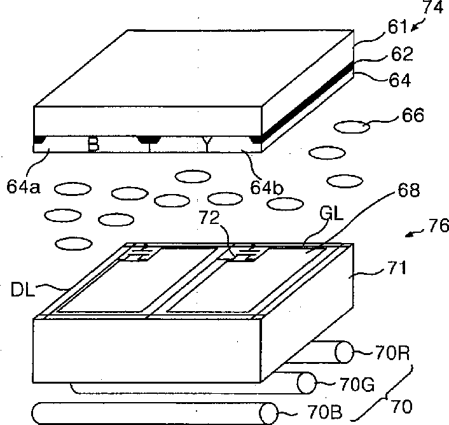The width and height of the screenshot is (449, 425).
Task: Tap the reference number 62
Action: (402, 55)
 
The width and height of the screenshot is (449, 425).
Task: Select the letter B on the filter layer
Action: (93, 146)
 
